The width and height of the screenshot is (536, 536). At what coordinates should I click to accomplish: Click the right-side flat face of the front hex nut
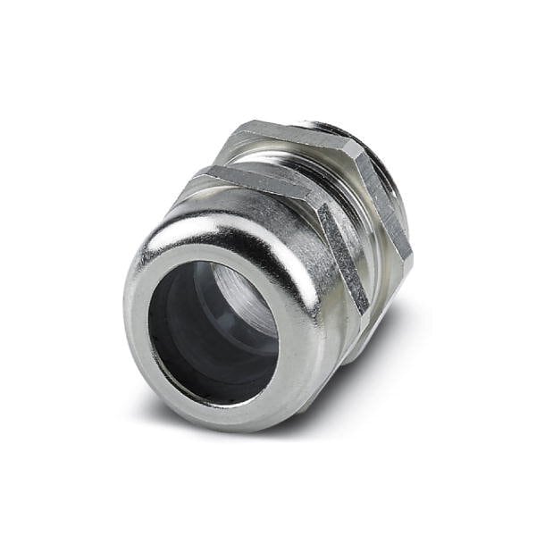(344, 259)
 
